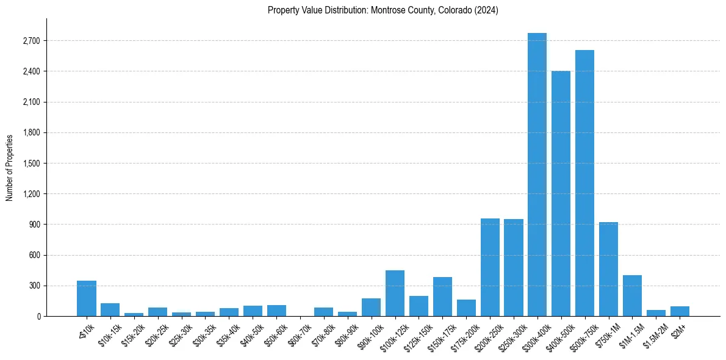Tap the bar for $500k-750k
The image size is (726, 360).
[584, 183]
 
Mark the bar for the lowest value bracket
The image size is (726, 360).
[87, 298]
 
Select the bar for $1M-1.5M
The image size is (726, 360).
[632, 295]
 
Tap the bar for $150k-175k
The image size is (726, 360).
[442, 297]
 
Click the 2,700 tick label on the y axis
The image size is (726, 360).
[31, 41]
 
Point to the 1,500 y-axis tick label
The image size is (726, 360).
[31, 164]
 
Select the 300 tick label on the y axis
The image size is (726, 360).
[34, 286]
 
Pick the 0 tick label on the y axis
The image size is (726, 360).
[38, 316]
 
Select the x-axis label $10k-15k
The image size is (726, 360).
[109, 333]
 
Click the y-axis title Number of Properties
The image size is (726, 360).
[9, 167]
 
